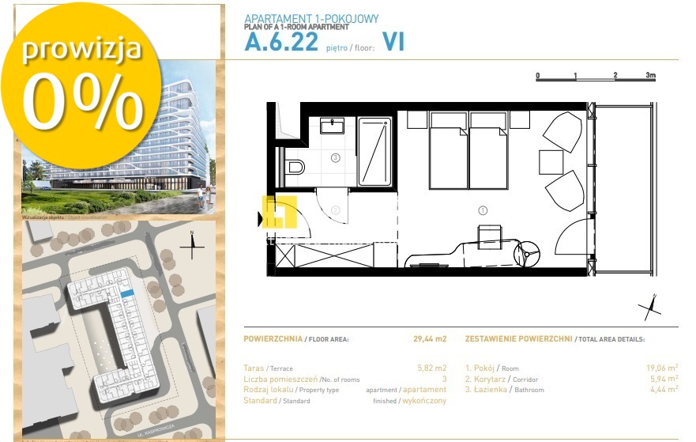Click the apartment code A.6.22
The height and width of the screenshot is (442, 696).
(280, 43)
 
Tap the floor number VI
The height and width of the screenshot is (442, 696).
(393, 43)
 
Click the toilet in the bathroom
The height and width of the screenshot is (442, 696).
(295, 167)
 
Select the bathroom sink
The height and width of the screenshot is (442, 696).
(333, 126)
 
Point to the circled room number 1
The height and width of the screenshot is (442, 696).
(483, 210)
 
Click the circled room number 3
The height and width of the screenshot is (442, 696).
(335, 158)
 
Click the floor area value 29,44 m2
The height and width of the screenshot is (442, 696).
(430, 338)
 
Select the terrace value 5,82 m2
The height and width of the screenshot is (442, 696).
(431, 368)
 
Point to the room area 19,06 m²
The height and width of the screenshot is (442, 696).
(662, 368)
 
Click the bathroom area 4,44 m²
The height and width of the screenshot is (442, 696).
(662, 388)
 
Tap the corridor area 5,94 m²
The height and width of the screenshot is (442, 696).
(662, 378)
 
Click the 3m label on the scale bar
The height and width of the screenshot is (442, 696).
(650, 76)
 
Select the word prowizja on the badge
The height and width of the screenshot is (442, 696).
(81, 49)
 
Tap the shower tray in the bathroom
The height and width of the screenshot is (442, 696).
(375, 152)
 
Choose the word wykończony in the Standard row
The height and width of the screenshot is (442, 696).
(424, 400)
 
